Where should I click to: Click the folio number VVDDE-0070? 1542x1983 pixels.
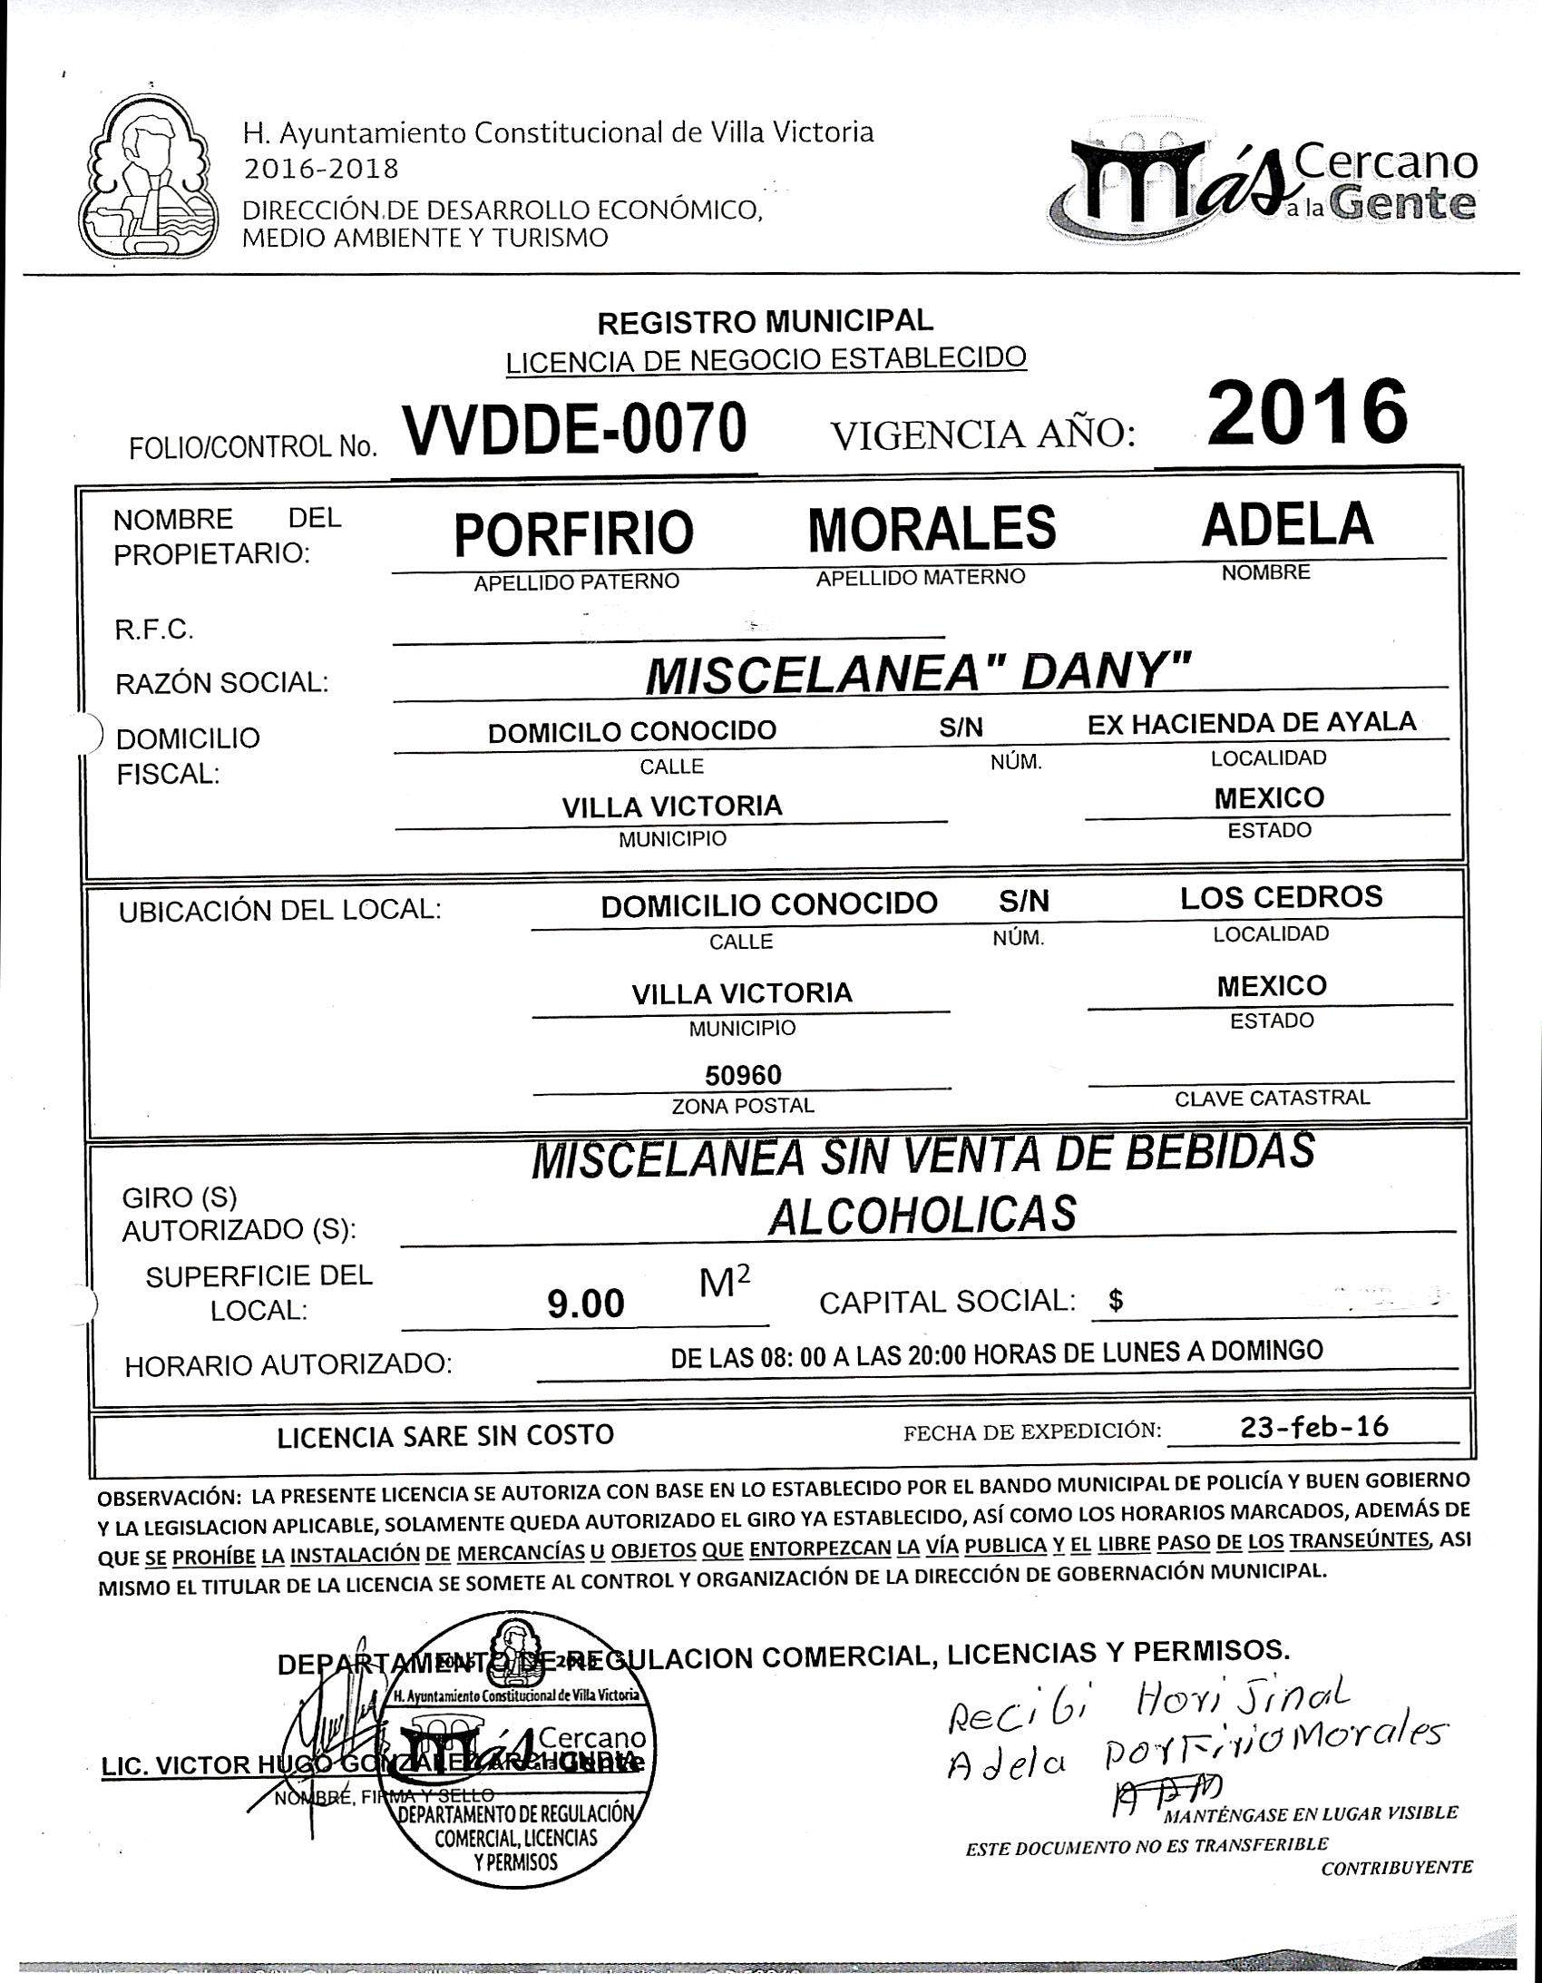point(575,429)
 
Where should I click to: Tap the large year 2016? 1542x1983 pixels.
point(1307,411)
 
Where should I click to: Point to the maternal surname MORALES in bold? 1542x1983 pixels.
point(932,529)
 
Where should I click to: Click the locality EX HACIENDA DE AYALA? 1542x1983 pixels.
point(1252,723)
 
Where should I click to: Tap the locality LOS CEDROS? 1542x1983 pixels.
point(1281,897)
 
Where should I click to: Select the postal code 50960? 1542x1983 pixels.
point(743,1075)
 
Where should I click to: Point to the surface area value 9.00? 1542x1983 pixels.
point(586,1304)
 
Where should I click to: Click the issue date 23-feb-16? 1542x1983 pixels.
point(1314,1426)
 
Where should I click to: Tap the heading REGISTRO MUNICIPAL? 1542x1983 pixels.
point(765,320)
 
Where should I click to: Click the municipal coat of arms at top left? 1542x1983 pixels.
point(149,179)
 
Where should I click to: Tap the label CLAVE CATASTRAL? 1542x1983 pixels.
point(1272,1099)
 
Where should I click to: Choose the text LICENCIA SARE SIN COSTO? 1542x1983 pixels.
point(445,1435)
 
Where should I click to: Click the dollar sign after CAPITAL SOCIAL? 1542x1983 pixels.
point(1116,1301)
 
